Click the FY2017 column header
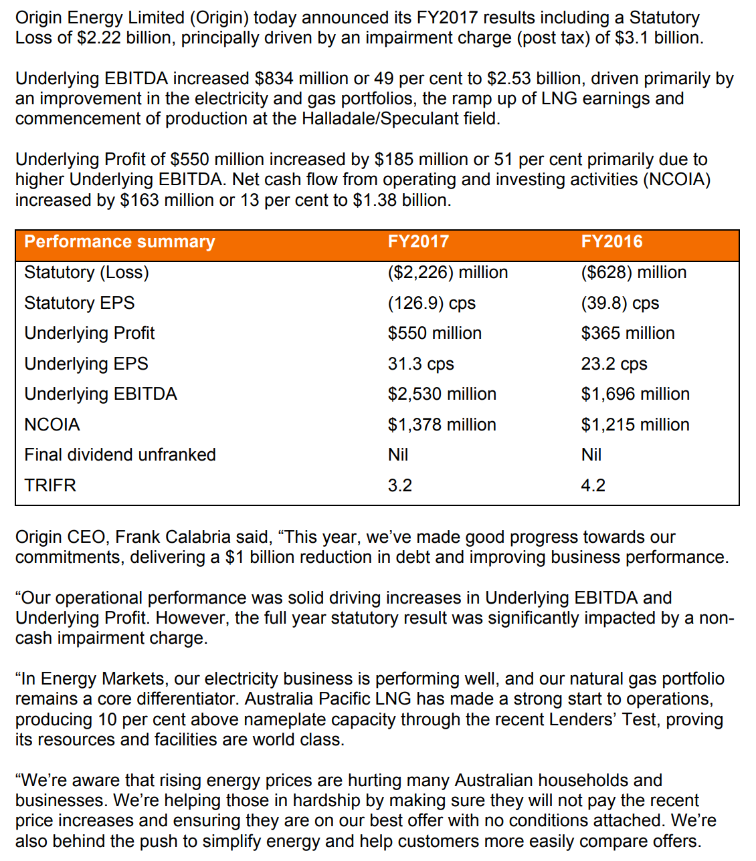tap(418, 242)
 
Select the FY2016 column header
tap(611, 242)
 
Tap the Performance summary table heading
tap(120, 242)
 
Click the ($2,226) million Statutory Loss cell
tap(448, 273)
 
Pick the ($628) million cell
tap(634, 273)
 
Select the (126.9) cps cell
tap(432, 303)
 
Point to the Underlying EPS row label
tap(86, 364)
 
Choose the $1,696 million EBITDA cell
tap(635, 394)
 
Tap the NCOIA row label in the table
tap(52, 425)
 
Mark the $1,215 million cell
tap(635, 425)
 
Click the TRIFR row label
tap(50, 486)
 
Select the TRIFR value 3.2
tap(400, 486)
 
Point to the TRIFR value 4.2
tap(593, 486)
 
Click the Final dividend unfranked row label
tap(120, 455)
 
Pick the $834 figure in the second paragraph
tap(274, 79)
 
